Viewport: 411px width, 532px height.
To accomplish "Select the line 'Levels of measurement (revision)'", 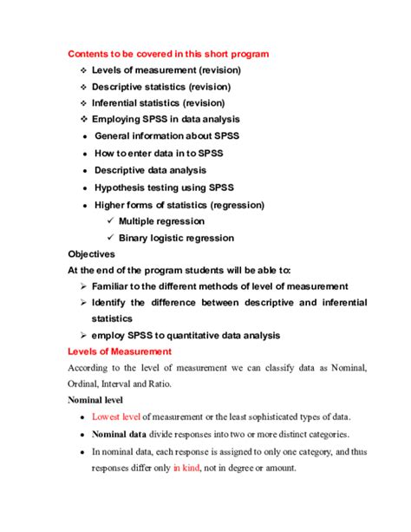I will point(166,69).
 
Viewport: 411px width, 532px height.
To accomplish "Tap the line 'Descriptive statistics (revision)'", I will point(166,86).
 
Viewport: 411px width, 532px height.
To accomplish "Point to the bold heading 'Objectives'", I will point(91,254).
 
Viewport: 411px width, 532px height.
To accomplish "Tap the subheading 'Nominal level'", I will point(95,400).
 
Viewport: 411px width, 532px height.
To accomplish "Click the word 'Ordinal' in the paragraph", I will point(88,384).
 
